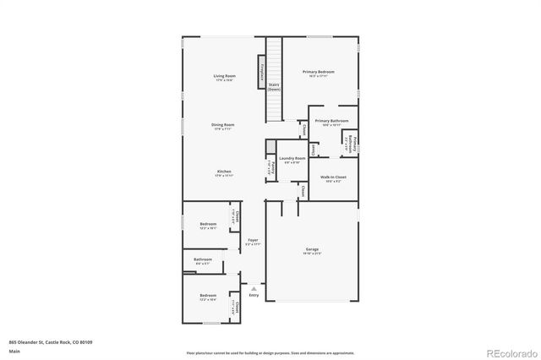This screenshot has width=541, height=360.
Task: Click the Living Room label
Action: (x=224, y=77)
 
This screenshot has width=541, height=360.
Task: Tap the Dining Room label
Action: (x=224, y=125)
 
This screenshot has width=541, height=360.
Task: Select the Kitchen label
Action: (x=224, y=172)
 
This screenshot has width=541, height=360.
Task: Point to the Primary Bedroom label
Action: (x=319, y=73)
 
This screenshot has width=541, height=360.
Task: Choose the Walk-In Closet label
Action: (x=331, y=177)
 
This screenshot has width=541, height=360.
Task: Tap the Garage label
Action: (x=312, y=249)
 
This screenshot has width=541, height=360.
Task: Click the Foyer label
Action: (x=253, y=241)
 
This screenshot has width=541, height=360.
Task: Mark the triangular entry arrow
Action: (x=253, y=288)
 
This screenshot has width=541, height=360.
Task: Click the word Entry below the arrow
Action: (x=254, y=295)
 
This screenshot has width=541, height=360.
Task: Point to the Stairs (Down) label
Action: (x=274, y=86)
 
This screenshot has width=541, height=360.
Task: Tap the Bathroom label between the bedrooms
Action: (x=203, y=259)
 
